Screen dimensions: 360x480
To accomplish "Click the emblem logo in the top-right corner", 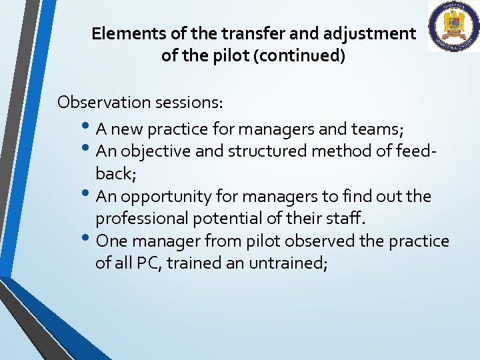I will pos(453,27).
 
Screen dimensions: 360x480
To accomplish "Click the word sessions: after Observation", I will pos(189,102).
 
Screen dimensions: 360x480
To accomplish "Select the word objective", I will pos(159,151).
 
